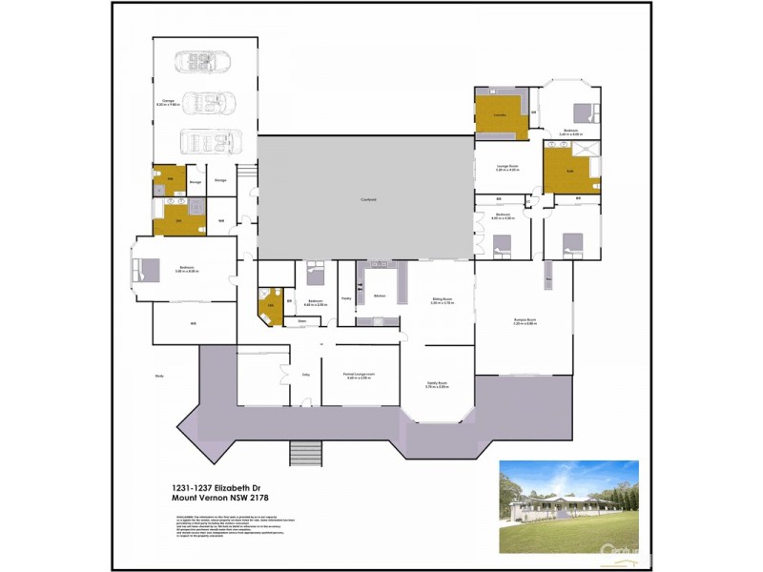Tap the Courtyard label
point(367,199)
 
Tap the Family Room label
point(437,384)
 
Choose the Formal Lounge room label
point(359,377)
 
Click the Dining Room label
point(442,301)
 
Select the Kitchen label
point(379,296)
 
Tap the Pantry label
point(346,298)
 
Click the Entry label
point(307,376)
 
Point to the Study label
point(159,377)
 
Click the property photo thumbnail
point(568,506)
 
